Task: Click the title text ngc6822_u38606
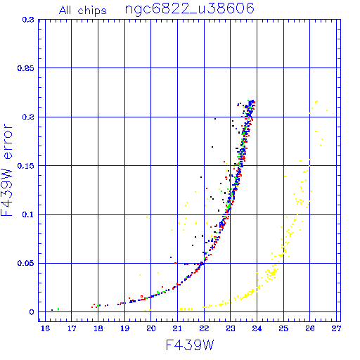point(190,9)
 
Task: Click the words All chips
point(83,11)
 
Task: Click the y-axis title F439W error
point(7,170)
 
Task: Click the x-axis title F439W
point(190,345)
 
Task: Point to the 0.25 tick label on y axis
point(25,68)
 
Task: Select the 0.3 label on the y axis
point(28,20)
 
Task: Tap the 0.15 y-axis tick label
point(25,166)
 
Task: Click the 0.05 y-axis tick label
point(25,263)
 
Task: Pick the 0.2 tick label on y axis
point(28,117)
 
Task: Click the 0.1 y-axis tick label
point(28,214)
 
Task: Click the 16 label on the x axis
point(45,328)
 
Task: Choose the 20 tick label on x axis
point(151,328)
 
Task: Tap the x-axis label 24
point(257,328)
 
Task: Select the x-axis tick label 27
point(336,328)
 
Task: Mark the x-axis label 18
point(98,328)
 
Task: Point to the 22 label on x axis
point(204,328)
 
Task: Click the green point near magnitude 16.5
point(58,309)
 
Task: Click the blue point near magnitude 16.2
point(52,310)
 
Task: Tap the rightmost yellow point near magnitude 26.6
point(327,110)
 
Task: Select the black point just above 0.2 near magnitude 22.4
point(215,119)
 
